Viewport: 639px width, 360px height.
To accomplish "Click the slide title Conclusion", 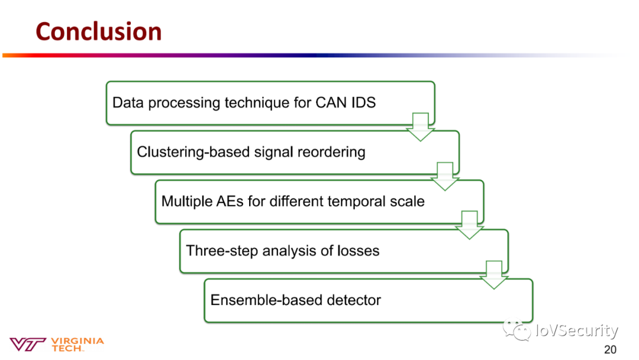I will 99,31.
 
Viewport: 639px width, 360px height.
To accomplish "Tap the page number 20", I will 609,349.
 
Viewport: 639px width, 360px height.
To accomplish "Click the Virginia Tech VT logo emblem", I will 28,344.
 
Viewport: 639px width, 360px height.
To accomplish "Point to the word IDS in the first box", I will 362,102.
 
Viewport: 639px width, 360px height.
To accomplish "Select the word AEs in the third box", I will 231,201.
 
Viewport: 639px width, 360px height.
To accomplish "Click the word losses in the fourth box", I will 358,250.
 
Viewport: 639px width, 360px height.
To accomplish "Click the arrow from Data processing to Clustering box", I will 421,126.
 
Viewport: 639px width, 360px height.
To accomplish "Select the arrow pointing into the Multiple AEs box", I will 445,176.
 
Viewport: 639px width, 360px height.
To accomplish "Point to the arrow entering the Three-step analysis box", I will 470,225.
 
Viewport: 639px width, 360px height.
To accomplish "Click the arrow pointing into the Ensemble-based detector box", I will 494,275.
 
